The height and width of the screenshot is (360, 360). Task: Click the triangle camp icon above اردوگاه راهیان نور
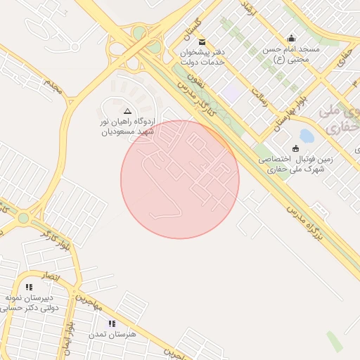(x=127, y=112)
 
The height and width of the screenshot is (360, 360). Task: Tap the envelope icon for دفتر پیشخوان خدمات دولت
(x=202, y=42)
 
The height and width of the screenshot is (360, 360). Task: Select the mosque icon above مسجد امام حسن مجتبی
(x=292, y=38)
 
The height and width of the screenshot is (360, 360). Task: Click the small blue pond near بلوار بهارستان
(x=307, y=135)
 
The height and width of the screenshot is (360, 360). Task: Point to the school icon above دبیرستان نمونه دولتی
(x=29, y=287)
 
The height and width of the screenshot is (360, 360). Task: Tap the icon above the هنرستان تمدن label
(x=112, y=323)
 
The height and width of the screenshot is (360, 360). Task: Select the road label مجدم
(x=53, y=86)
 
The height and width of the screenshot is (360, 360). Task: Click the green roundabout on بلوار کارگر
(x=23, y=218)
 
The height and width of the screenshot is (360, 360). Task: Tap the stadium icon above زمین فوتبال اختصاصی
(x=295, y=148)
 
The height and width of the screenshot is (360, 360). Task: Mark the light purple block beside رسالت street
(x=230, y=93)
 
